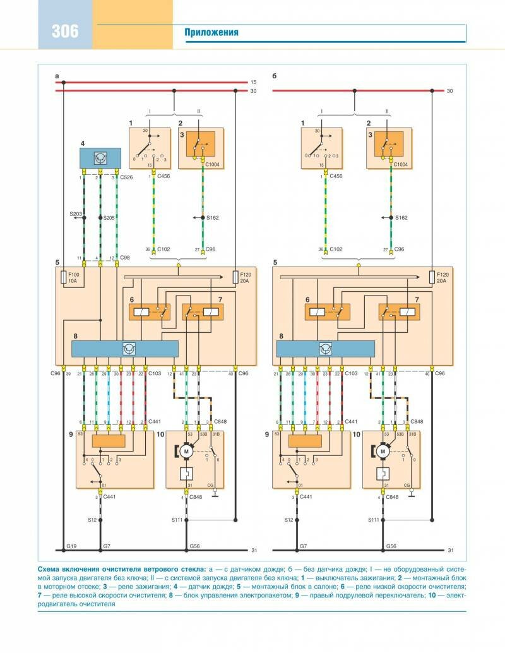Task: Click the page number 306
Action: [x=66, y=30]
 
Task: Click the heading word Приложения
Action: [x=211, y=32]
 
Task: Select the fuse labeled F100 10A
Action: [x=64, y=278]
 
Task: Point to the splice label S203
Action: [x=75, y=215]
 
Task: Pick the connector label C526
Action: [x=126, y=178]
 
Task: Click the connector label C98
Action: [x=125, y=258]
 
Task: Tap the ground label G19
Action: [x=71, y=544]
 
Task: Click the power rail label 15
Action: [x=254, y=82]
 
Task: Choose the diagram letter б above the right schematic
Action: [x=275, y=75]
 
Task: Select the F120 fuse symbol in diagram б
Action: [x=432, y=277]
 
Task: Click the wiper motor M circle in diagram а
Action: [x=186, y=450]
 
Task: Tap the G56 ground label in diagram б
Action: [x=391, y=544]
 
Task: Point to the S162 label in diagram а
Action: [x=213, y=218]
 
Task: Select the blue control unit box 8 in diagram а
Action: [x=125, y=349]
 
